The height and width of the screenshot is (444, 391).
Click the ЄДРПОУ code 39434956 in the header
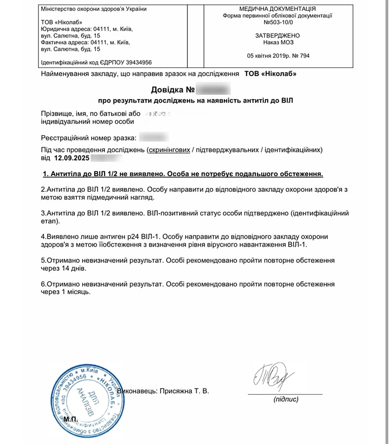coord(135,63)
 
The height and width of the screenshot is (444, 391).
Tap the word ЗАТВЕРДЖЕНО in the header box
coord(278,36)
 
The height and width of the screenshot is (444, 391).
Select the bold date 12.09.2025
coord(71,158)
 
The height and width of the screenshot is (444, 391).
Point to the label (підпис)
coord(285,399)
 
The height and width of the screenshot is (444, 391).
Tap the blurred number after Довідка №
coord(213,90)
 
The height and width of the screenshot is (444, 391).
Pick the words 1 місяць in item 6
coord(75,293)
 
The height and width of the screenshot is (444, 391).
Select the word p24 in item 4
coord(121,236)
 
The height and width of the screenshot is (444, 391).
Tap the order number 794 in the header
coord(304,56)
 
